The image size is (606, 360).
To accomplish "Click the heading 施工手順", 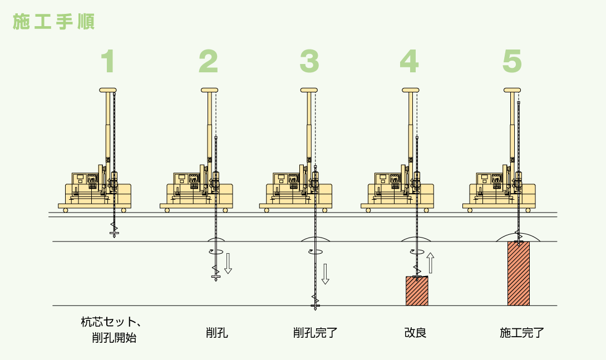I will pos(53,21).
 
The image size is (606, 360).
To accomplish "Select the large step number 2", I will pos(208,62).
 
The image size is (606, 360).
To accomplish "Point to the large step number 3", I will pos(309,62).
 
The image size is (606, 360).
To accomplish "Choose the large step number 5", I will pos(512,62).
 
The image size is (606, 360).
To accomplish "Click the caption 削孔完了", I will pos(316,334).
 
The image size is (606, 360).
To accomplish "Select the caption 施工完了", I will pos(522,334).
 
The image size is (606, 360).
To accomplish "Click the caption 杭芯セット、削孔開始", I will pos(110,329).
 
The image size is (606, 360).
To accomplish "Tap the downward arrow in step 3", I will pos(326,273).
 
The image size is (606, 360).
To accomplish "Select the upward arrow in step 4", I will pos(430,263).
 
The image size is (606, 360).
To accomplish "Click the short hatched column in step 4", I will pos(417,291).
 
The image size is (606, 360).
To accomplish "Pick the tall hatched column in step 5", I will pos(518,273).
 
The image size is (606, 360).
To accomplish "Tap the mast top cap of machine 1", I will pos(108,90).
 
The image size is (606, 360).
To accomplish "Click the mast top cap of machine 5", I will pos(512,90).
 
